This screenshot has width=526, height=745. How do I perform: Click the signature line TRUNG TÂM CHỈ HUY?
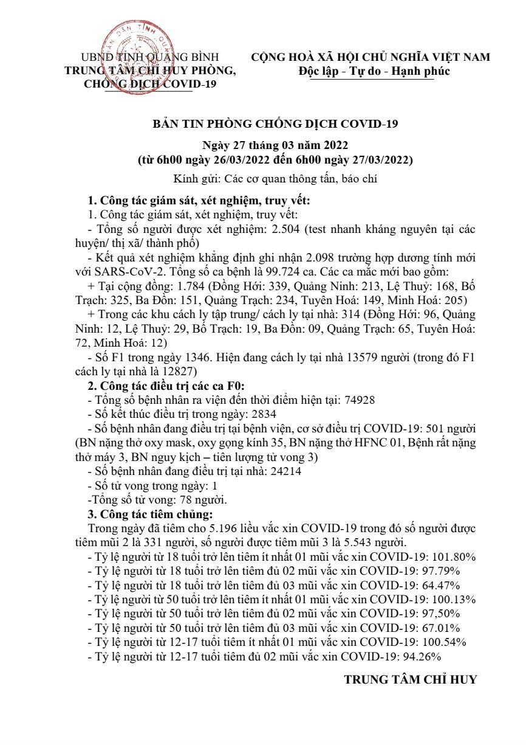click(x=411, y=680)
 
